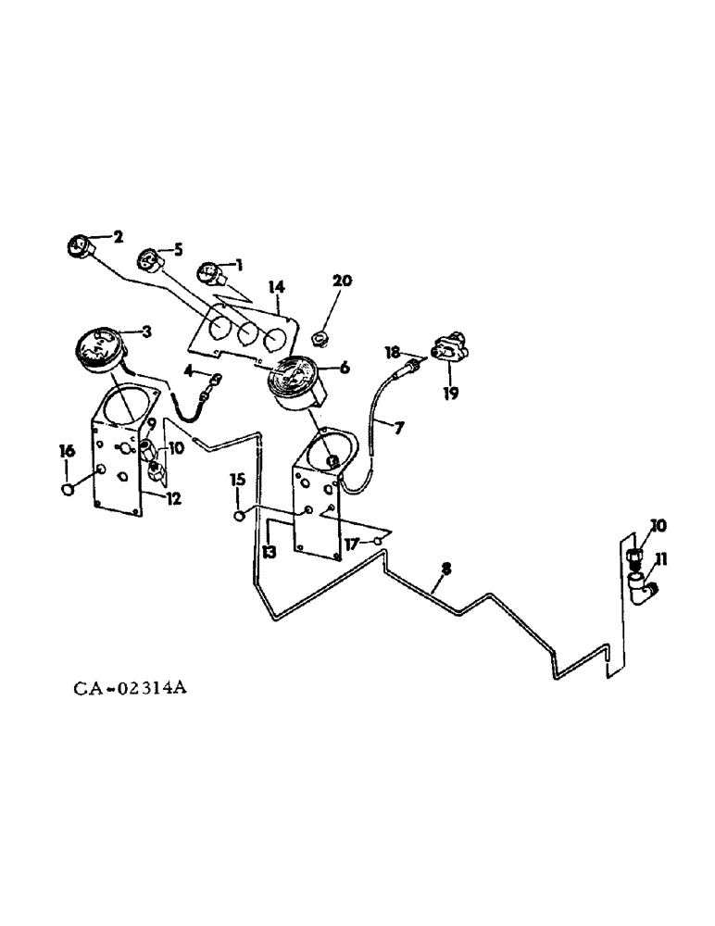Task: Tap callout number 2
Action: pyautogui.click(x=118, y=236)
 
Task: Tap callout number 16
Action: pyautogui.click(x=67, y=451)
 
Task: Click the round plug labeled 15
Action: pyautogui.click(x=239, y=514)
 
